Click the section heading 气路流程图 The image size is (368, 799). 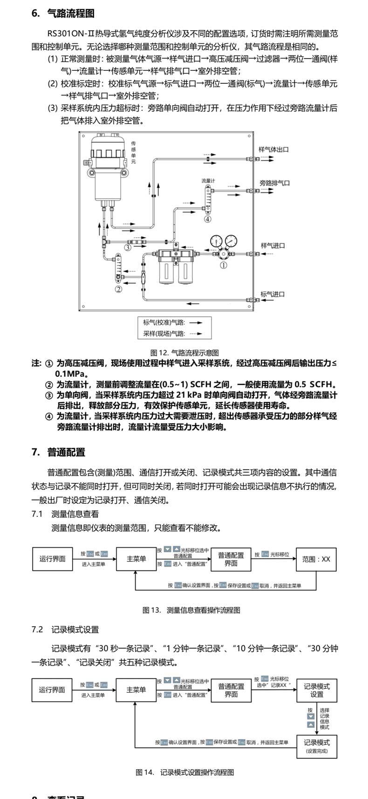click(x=71, y=14)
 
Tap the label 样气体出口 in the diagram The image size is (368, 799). click(x=274, y=149)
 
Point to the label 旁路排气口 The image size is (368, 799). click(x=274, y=183)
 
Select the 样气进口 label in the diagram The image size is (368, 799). click(x=273, y=245)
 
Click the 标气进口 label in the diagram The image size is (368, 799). click(x=273, y=294)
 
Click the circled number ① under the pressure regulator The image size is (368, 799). click(x=224, y=265)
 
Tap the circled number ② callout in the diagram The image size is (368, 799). click(x=118, y=289)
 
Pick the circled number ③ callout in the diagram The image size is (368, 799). click(x=127, y=247)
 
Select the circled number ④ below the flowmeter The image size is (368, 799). click(x=207, y=219)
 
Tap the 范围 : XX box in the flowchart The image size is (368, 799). click(x=316, y=559)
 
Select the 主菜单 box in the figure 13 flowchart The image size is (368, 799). click(x=136, y=559)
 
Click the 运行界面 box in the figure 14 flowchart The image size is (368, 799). click(x=52, y=690)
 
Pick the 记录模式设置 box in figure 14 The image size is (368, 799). click(x=317, y=690)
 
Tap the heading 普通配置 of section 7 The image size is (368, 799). click(x=66, y=452)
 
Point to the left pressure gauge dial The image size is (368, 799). click(x=216, y=241)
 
